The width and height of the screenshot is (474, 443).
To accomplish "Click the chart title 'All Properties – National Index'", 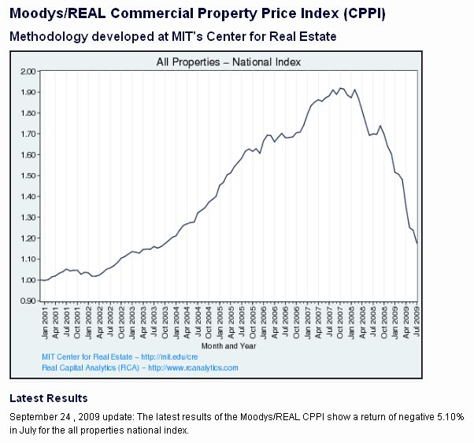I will coord(228,61).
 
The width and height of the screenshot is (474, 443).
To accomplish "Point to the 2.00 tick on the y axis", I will coord(28,72).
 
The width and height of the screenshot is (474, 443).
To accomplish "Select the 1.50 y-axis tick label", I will coord(28,175).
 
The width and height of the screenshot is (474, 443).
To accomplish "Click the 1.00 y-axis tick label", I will coord(28,280).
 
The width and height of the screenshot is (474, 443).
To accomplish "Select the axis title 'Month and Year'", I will coord(229,346).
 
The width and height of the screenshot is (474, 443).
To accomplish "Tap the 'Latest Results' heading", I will coord(49,398).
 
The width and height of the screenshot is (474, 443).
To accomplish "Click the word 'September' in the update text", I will coord(31,415).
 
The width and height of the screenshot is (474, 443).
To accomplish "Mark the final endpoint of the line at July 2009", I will coord(417,243).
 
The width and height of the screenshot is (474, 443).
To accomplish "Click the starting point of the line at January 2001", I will coord(41,280).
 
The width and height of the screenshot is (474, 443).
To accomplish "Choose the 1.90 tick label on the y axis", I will coord(28,92).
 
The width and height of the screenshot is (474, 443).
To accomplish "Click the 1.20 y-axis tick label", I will coord(28,238).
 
